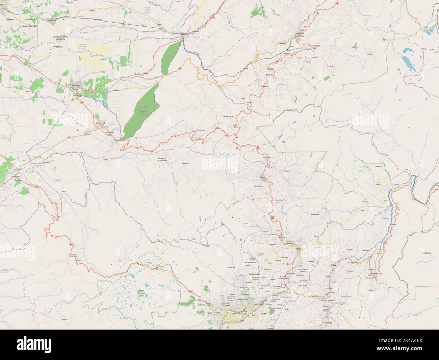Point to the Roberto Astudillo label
click(x=30, y=26)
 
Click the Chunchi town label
click(x=269, y=69)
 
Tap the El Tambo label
click(x=268, y=158)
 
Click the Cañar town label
click(x=262, y=177)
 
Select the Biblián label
click(x=282, y=238)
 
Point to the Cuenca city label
click(x=234, y=313)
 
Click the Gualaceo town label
click(x=327, y=310)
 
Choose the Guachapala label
click(x=349, y=262)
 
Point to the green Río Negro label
click(x=426, y=253)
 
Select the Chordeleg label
click(x=328, y=323)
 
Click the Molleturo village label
click(x=78, y=260)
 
